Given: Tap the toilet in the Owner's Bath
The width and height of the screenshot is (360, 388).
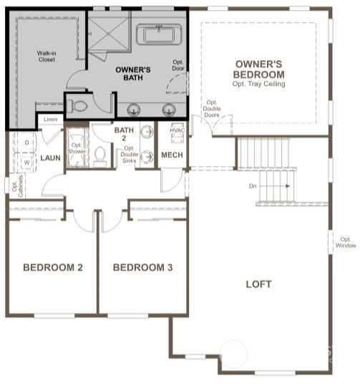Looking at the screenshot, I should pyautogui.click(x=79, y=107).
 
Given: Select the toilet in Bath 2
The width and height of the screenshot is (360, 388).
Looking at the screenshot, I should pyautogui.click(x=99, y=157).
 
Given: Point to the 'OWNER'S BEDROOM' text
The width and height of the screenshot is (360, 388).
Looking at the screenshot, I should pyautogui.click(x=258, y=69).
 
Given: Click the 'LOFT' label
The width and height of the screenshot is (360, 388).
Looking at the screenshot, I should pyautogui.click(x=258, y=284).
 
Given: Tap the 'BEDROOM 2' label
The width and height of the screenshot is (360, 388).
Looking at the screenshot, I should pyautogui.click(x=53, y=268).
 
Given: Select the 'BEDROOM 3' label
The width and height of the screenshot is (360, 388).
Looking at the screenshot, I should pyautogui.click(x=143, y=268).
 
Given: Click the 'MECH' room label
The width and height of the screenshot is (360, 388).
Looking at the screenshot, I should pyautogui.click(x=172, y=155).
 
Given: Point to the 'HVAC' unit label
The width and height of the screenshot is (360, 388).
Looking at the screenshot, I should pyautogui.click(x=177, y=131).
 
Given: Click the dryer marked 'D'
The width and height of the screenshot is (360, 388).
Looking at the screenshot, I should pyautogui.click(x=26, y=142).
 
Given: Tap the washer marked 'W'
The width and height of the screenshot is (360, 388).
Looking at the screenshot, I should pyautogui.click(x=26, y=163).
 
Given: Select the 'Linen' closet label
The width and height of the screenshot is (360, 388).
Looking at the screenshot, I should pyautogui.click(x=50, y=119).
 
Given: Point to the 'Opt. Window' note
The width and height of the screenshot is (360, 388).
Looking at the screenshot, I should pyautogui.click(x=346, y=243).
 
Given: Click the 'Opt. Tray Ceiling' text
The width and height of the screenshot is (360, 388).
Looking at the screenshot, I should pyautogui.click(x=258, y=84).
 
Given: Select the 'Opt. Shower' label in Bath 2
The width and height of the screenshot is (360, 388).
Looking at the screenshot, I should pyautogui.click(x=77, y=147).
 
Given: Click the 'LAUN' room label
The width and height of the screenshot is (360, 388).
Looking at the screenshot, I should pyautogui.click(x=50, y=157).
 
